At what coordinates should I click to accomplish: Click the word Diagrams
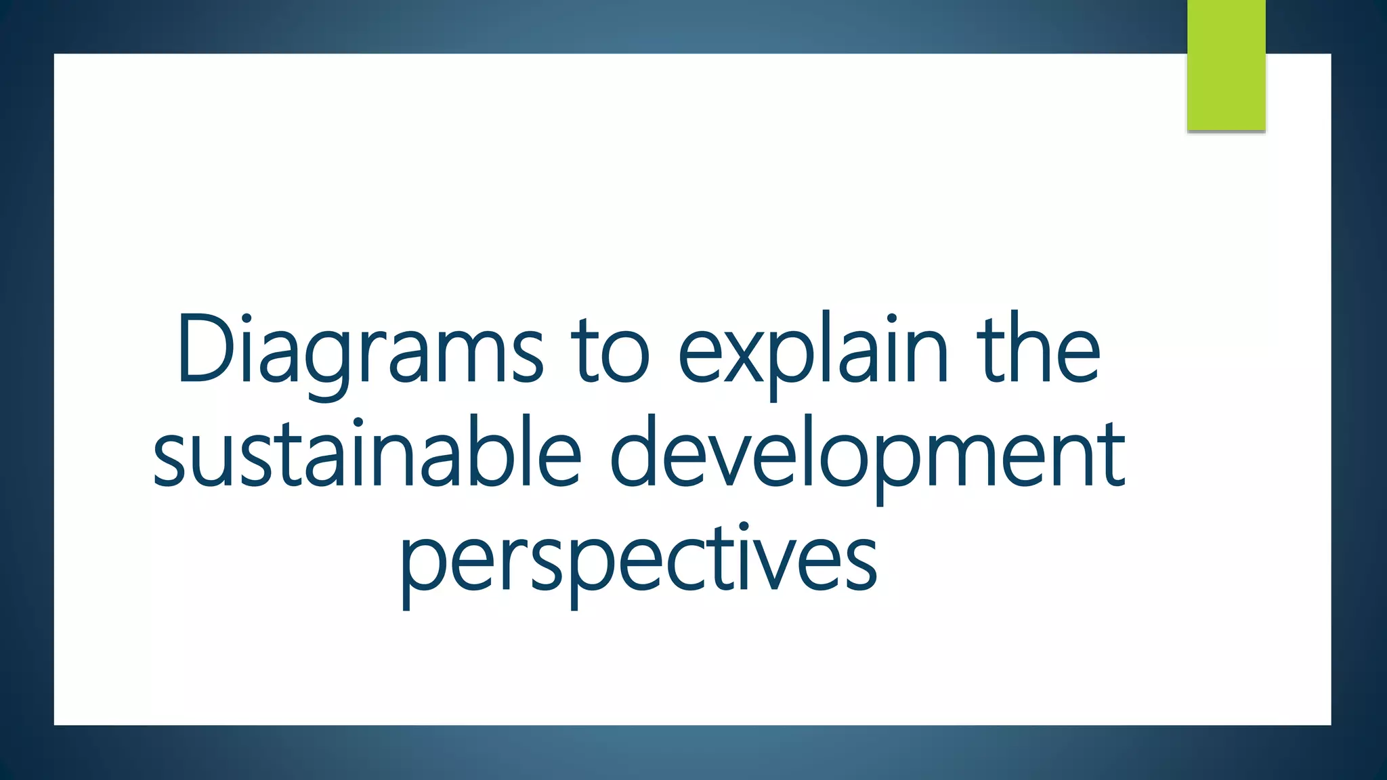coord(359,352)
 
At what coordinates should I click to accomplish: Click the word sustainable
coord(366,454)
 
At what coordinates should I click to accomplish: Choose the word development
coord(868,454)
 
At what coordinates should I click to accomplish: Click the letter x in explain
coord(743,359)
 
